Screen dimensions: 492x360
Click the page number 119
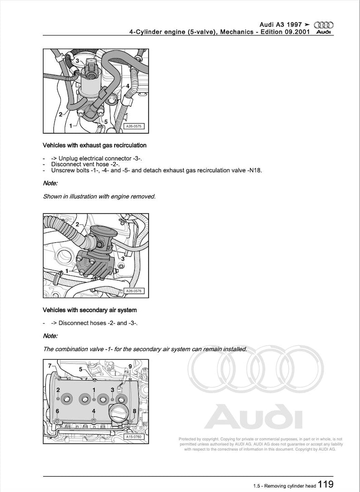[x=326, y=484]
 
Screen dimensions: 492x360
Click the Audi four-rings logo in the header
[x=323, y=24]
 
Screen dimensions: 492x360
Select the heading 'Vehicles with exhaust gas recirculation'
[x=94, y=145]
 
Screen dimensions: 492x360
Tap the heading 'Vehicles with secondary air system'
[x=89, y=310]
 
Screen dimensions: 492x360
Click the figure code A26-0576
[x=133, y=292]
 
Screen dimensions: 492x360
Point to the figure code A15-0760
[x=133, y=438]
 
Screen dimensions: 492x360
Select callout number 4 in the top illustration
[x=128, y=86]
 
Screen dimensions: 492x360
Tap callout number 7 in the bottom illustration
[x=49, y=365]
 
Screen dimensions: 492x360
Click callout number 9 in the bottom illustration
[x=130, y=366]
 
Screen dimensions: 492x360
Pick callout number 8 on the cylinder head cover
[x=134, y=411]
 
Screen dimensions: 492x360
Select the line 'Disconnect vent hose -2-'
[x=85, y=164]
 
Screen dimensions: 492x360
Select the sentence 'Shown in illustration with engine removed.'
[x=99, y=197]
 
